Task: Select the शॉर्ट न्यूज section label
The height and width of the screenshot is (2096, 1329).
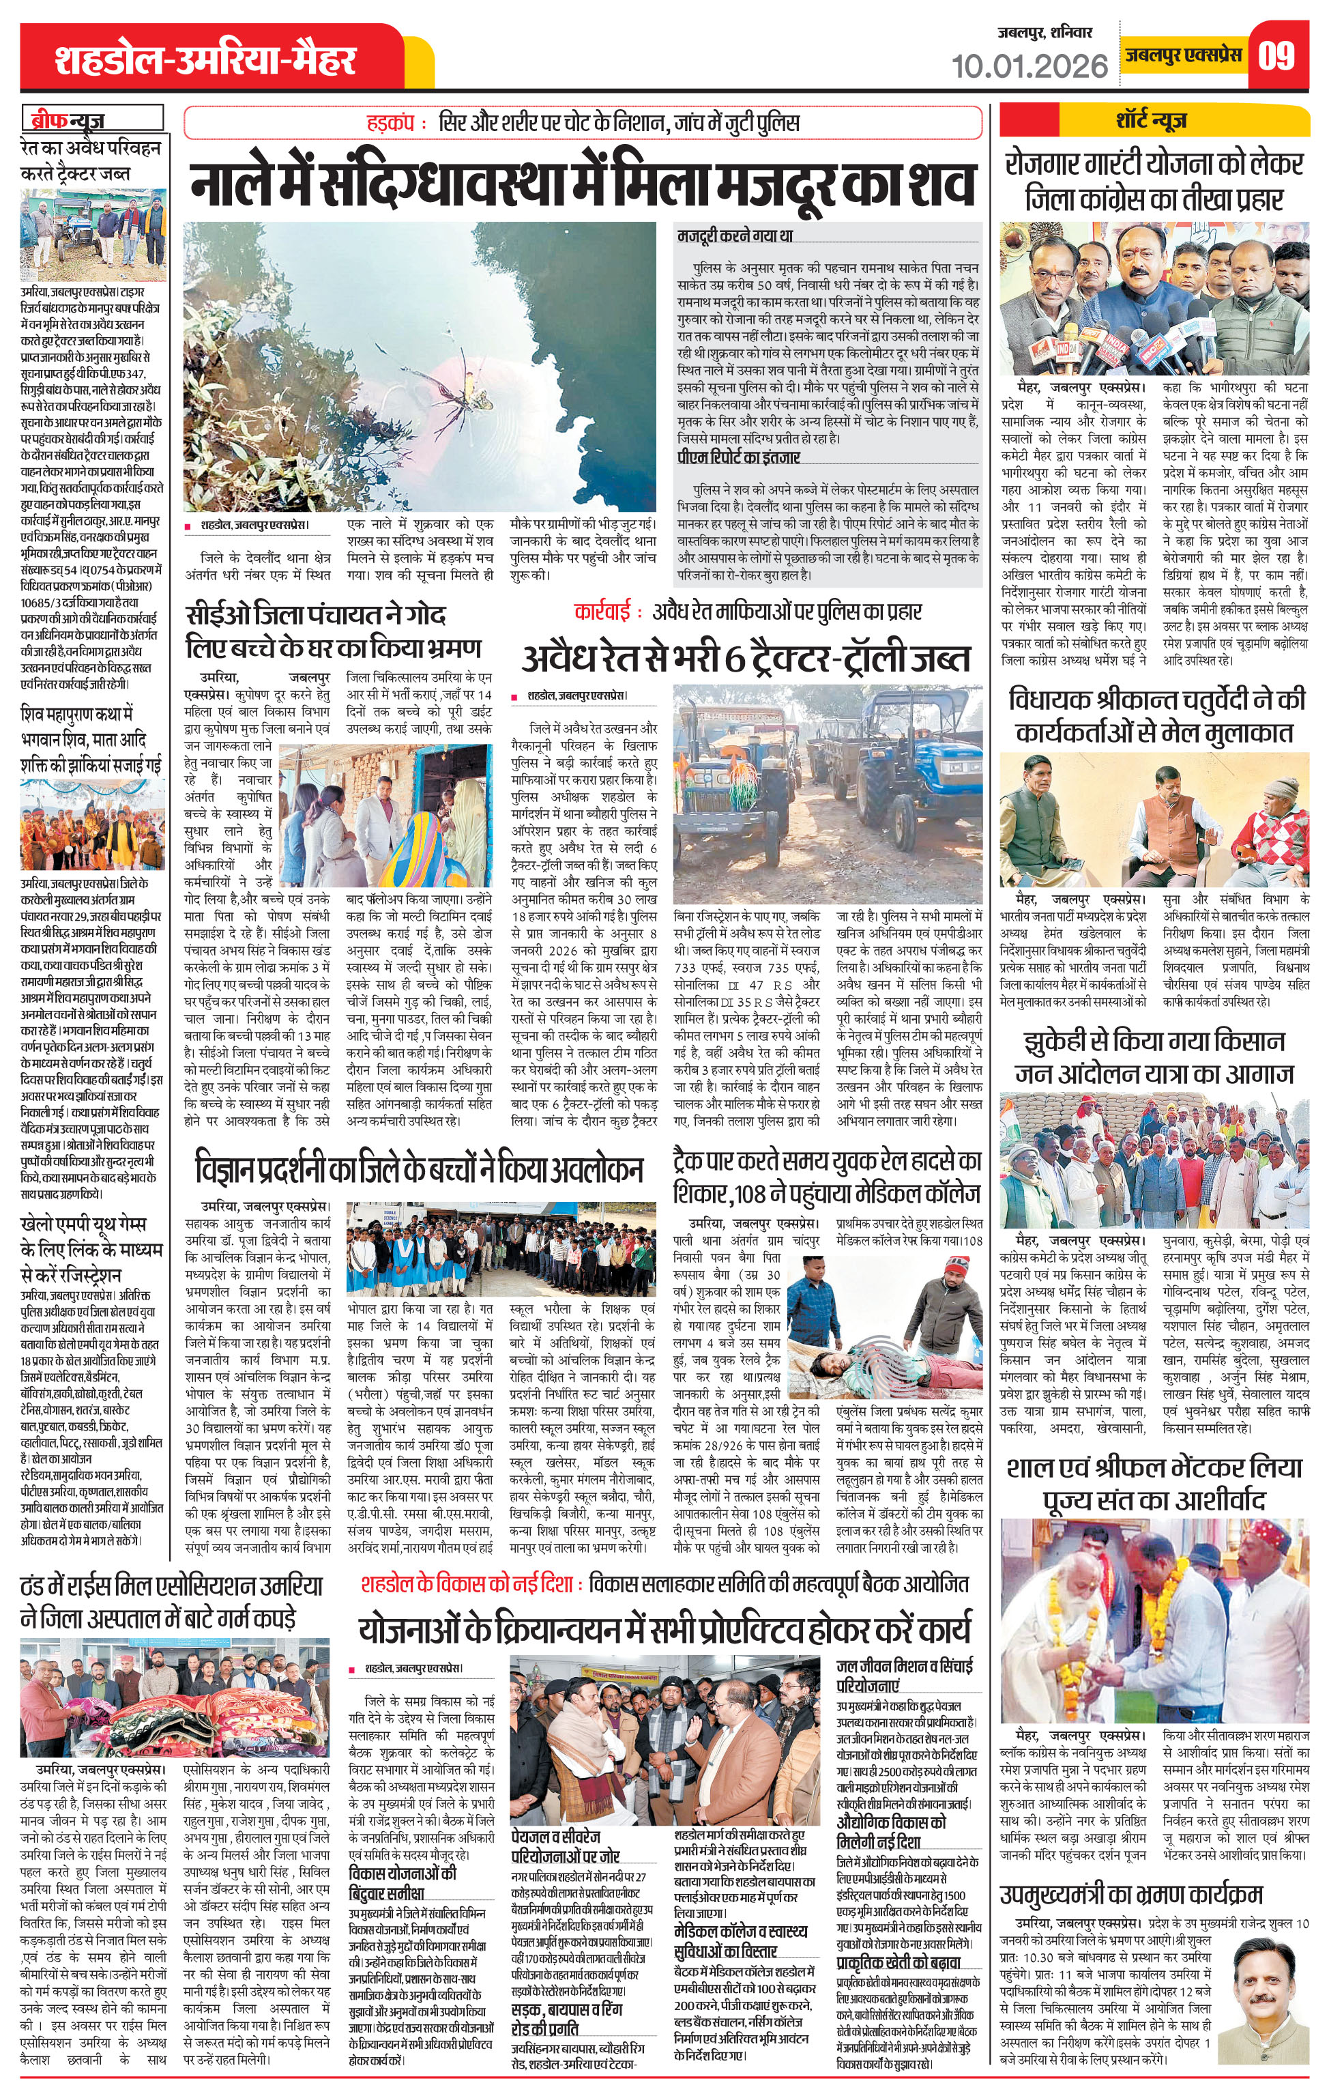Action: tap(1152, 120)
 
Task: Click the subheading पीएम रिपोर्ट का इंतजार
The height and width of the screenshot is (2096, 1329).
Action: tap(738, 457)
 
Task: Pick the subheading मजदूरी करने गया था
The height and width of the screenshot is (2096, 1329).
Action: tap(735, 236)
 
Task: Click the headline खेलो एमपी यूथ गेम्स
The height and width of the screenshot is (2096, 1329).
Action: tap(91, 1249)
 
